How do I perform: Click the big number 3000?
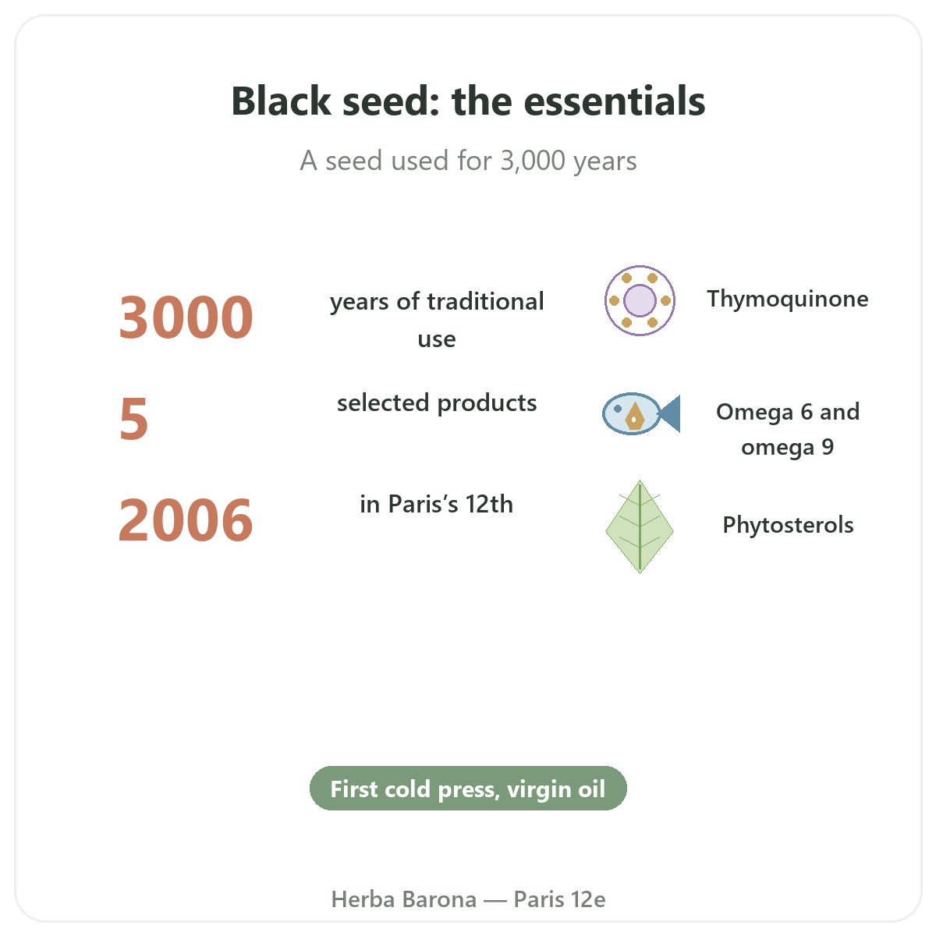(186, 317)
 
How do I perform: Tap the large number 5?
(133, 419)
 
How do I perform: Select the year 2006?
(186, 520)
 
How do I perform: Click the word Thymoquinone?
(787, 300)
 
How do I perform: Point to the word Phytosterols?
(788, 525)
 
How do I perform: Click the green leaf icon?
(640, 526)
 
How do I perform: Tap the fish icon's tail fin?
(670, 414)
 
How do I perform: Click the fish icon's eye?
(617, 409)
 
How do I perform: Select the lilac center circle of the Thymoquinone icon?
(640, 300)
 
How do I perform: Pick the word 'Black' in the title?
(281, 101)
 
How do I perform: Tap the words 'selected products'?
(437, 403)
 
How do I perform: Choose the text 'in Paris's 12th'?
(436, 504)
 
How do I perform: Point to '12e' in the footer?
(588, 899)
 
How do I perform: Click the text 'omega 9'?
(787, 448)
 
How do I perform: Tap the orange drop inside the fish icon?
(634, 417)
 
